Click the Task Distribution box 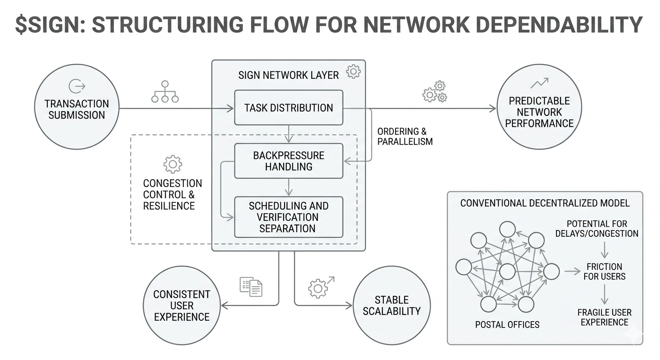coord(289,108)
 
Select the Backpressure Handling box coord(289,161)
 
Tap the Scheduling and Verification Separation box coord(289,217)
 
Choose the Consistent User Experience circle coord(181,306)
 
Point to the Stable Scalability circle coord(391,306)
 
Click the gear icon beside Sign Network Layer coord(353,72)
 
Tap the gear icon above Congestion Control coord(172,164)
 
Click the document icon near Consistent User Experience coord(251,286)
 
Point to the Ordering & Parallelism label coord(405,136)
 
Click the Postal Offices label coord(507,324)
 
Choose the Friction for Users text coord(605,271)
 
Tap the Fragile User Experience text coord(605,317)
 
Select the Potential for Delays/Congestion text coord(603,228)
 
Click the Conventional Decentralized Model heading coord(545,203)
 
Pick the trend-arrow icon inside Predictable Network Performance coord(539,83)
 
